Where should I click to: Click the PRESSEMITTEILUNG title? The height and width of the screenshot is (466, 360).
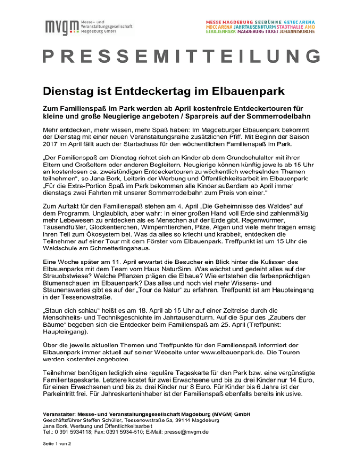180,57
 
